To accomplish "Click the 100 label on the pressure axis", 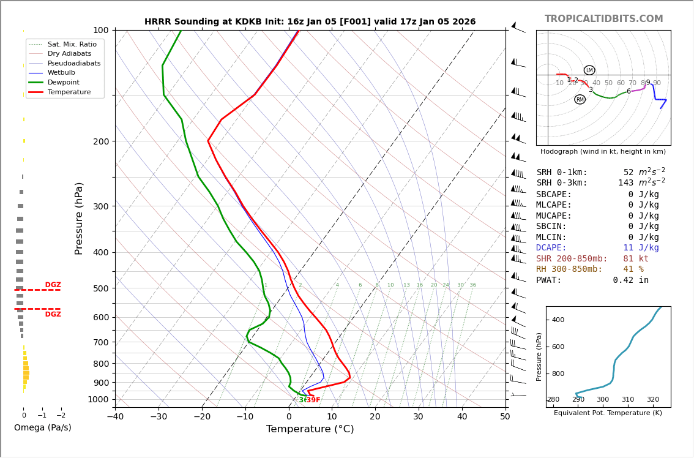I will [100, 30].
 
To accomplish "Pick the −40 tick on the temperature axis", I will [115, 417].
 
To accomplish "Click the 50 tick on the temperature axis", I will [505, 417].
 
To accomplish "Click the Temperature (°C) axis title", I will [310, 429].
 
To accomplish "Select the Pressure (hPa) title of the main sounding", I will [80, 218].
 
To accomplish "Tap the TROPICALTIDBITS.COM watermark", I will [603, 19].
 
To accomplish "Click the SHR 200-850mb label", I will [572, 259].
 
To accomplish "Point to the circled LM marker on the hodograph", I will [589, 70].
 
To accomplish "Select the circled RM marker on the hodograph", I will [580, 99].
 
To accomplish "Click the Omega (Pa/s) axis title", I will [42, 427].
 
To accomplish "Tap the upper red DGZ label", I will [53, 285].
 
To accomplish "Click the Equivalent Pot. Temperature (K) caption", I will [608, 413].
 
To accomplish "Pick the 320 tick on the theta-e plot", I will [653, 400].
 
